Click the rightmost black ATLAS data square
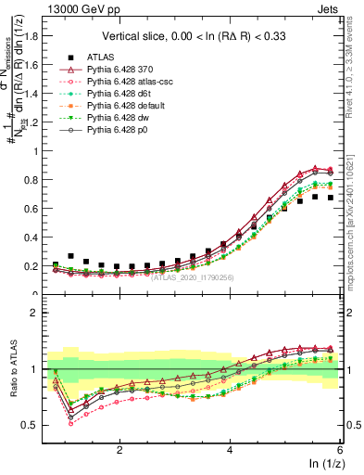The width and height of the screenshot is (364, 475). pos(331,198)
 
